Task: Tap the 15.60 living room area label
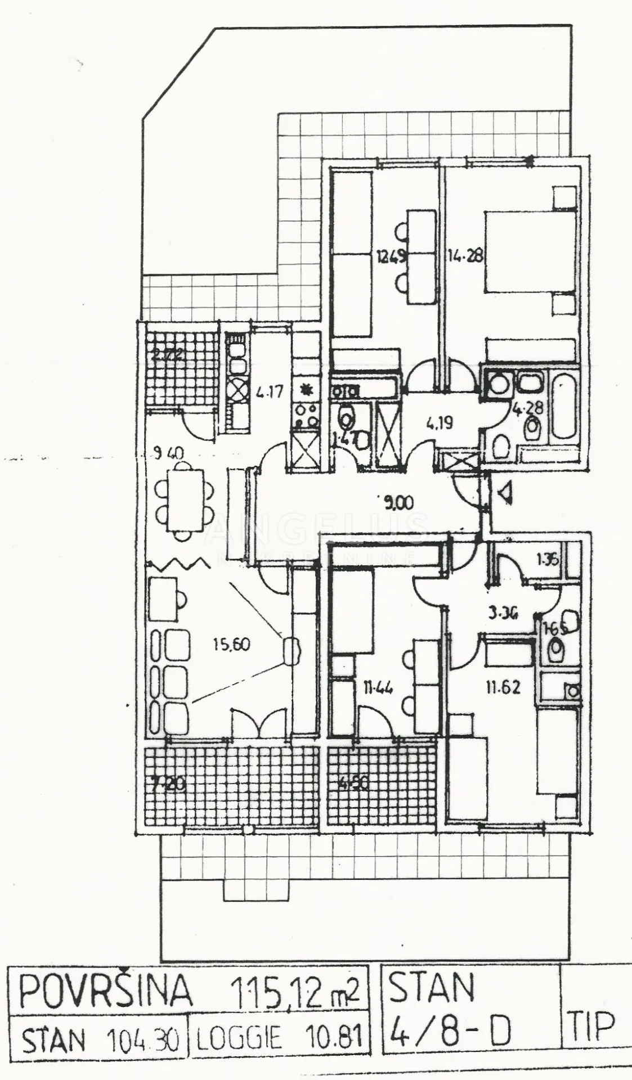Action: click(232, 643)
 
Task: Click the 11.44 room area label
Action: click(378, 687)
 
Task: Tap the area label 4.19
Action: click(440, 422)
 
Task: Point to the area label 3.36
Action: click(504, 614)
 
